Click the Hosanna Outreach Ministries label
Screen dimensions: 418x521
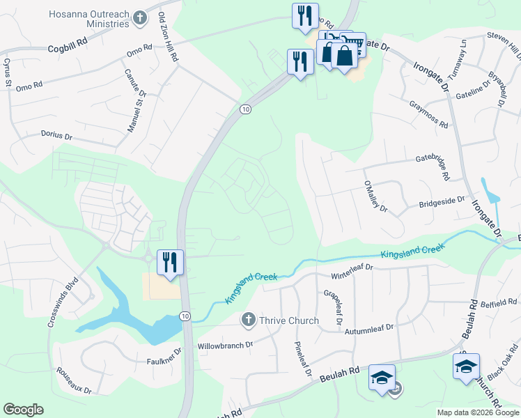pos(89,19)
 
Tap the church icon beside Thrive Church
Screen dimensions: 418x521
pos(248,320)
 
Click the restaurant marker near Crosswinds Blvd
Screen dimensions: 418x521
pos(170,263)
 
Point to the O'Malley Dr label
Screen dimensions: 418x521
pos(374,198)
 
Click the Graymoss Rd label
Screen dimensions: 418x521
pos(428,114)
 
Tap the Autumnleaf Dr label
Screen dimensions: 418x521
pos(369,327)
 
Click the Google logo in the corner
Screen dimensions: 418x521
pos(23,410)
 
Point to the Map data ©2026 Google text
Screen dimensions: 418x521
pos(478,412)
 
